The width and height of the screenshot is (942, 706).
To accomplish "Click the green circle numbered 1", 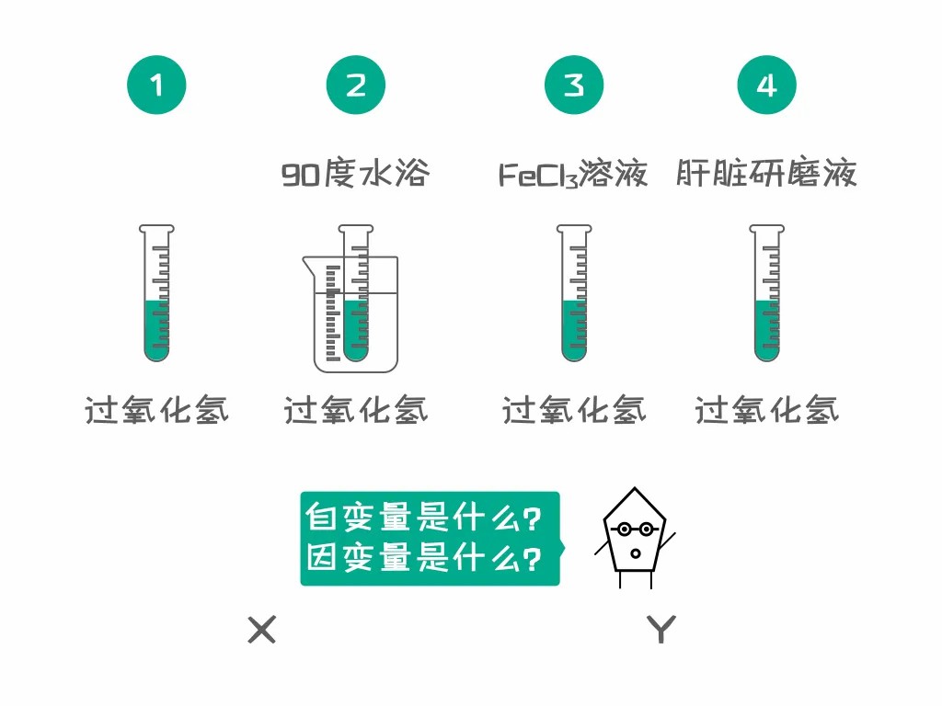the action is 156,85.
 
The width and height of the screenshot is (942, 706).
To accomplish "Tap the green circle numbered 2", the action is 356,85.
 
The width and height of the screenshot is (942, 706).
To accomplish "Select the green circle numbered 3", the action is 574,85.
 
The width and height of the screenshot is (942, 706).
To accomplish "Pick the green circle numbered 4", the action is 766,85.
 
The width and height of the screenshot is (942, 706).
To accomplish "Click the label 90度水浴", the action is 356,174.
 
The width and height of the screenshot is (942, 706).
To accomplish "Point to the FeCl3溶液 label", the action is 573,174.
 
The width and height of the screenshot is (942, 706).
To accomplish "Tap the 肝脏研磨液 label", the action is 766,174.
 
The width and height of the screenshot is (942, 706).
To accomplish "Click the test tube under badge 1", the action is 156,293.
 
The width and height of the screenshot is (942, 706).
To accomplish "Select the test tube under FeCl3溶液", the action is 574,293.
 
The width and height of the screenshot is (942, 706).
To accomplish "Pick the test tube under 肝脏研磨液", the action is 766,293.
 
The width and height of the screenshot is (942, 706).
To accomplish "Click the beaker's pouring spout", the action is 307,264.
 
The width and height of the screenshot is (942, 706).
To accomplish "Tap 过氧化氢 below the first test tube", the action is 156,411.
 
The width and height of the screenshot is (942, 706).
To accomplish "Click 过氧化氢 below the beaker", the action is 356,411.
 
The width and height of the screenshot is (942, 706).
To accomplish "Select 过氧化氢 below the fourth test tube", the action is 766,411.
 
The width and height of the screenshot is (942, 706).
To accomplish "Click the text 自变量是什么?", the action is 423,518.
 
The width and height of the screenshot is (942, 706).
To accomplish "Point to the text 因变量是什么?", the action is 423,558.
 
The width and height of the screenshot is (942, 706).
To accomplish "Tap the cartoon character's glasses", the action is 635,529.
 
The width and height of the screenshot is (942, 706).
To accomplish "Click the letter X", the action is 262,630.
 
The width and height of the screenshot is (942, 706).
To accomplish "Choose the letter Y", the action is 661,630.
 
